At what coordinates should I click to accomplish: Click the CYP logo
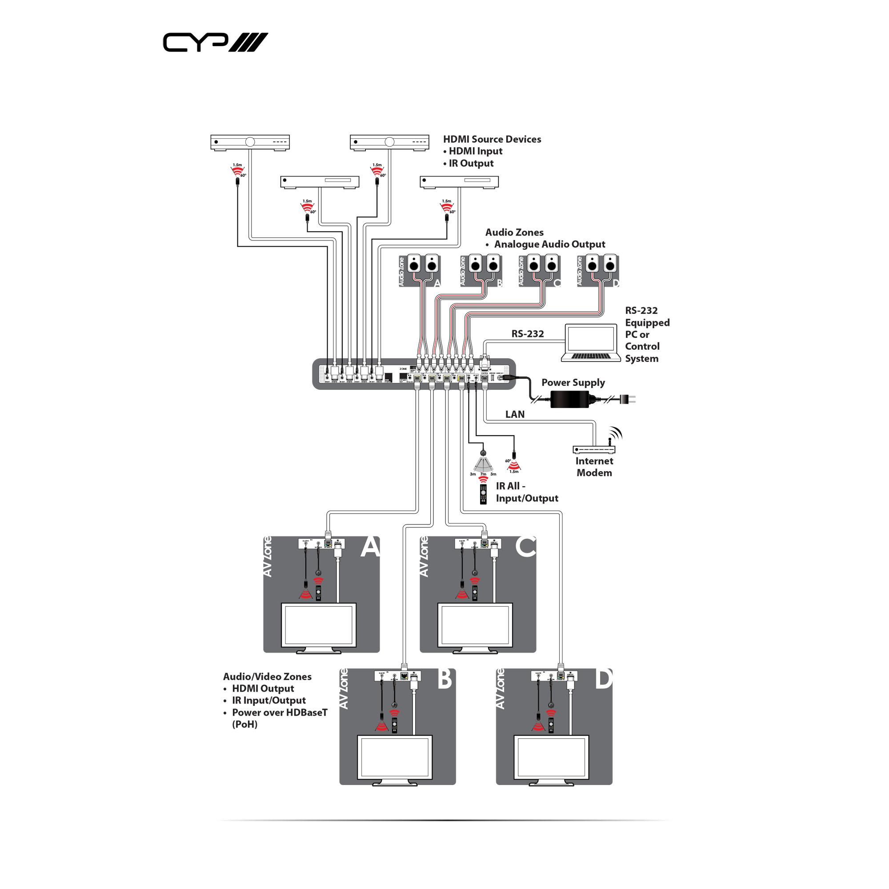coord(215,42)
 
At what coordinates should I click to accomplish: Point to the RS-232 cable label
coord(527,334)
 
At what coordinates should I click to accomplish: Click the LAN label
coord(514,414)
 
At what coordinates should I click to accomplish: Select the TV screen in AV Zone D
coord(551,757)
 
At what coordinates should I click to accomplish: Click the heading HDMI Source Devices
coord(492,139)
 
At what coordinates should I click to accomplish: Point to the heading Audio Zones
coord(514,232)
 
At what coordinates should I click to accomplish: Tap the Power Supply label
coord(573,382)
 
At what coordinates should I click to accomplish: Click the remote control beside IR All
coord(483,494)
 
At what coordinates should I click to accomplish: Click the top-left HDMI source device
coord(250,142)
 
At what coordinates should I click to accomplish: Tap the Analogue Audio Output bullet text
coord(549,244)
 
